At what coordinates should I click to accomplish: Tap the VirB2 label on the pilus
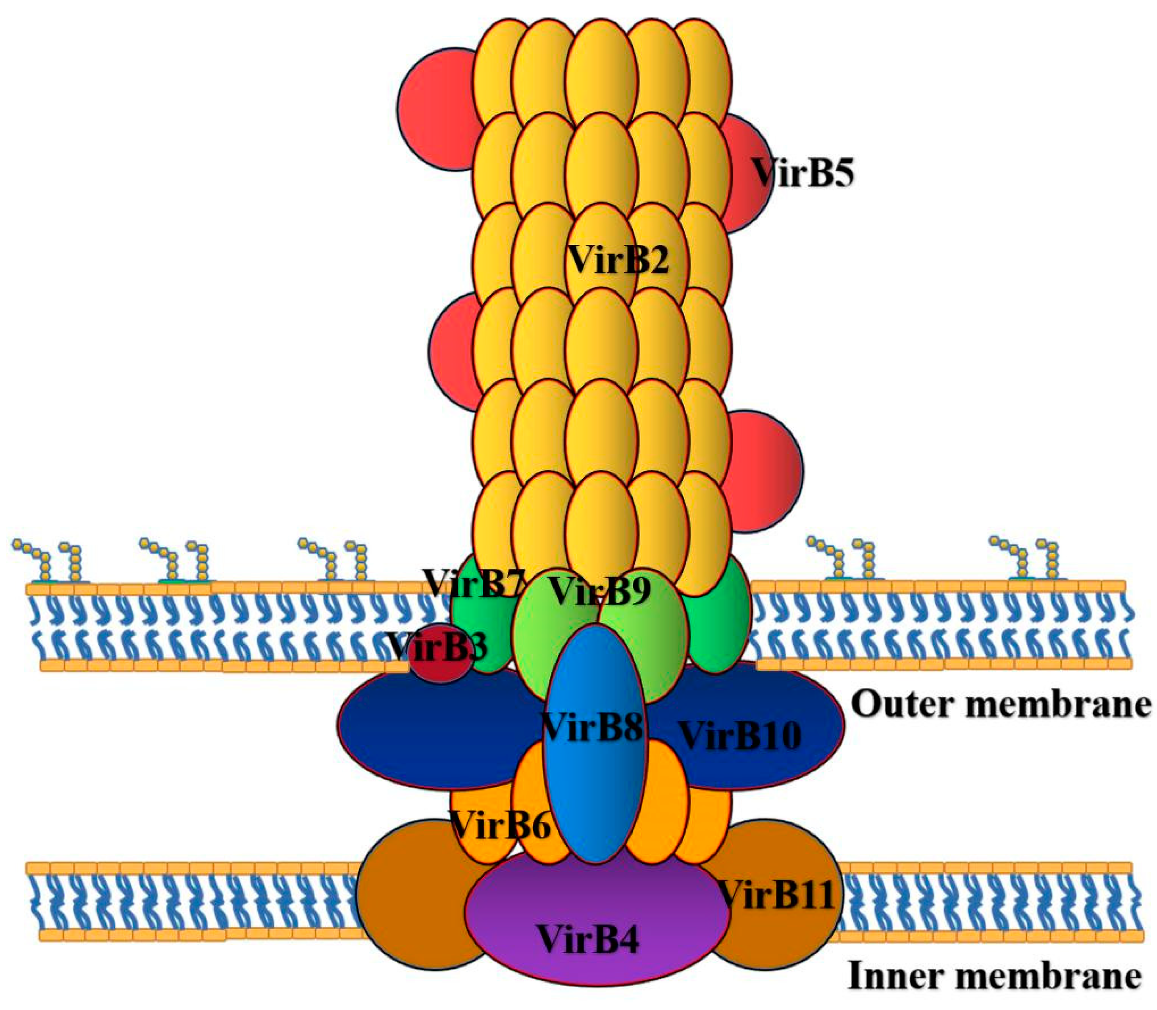pos(618,260)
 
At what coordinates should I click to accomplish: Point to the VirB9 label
pos(600,591)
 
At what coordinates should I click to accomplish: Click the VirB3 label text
pos(437,647)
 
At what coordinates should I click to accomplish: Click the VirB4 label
pos(588,938)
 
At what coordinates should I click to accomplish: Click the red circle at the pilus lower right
pos(767,470)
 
